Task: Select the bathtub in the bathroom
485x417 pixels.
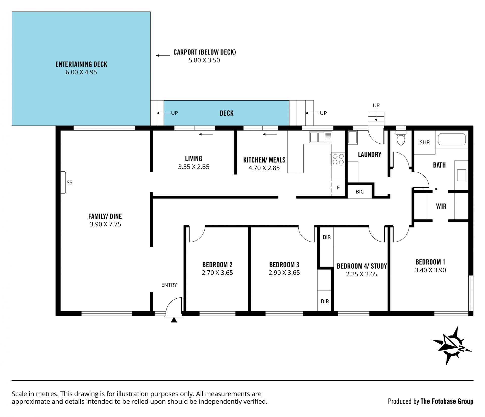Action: (x=452, y=139)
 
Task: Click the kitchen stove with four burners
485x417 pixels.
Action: (x=338, y=159)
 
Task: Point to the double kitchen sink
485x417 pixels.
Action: (x=321, y=137)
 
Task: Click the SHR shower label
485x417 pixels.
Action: (x=425, y=142)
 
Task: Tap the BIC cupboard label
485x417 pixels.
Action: (x=359, y=192)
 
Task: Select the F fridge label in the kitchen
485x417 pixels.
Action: (x=338, y=188)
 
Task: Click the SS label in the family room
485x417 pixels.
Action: (x=69, y=183)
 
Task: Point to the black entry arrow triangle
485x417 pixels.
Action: (x=174, y=320)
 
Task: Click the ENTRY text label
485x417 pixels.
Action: (x=169, y=285)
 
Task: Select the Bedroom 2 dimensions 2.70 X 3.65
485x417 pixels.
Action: (x=217, y=273)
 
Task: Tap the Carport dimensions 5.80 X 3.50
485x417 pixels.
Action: (x=204, y=60)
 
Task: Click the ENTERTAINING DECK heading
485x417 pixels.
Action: (x=81, y=64)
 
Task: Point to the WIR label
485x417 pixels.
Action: (x=441, y=206)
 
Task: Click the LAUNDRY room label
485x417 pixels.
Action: (x=370, y=154)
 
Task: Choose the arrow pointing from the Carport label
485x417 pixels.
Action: (x=163, y=56)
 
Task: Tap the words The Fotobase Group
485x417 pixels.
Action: (x=447, y=401)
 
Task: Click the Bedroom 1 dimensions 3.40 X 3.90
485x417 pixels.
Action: (x=430, y=270)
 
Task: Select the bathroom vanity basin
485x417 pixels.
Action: (x=462, y=175)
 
